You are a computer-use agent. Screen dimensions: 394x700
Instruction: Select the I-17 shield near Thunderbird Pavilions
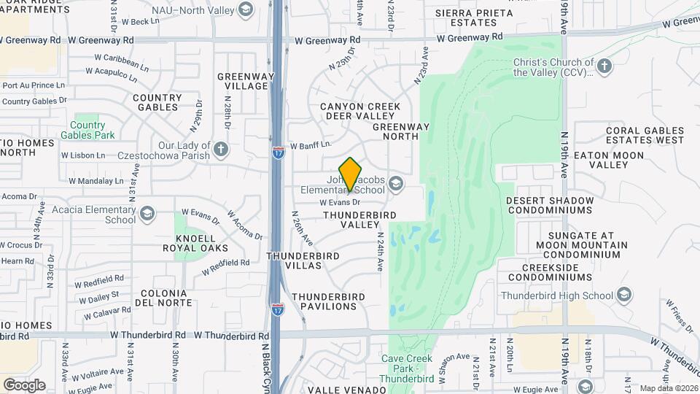(277, 309)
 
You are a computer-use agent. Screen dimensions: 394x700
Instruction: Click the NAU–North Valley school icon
(246, 9)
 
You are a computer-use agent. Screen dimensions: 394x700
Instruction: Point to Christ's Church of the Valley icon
(603, 67)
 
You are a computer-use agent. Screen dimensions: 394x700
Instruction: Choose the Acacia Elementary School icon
(147, 213)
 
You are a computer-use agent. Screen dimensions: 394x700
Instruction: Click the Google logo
(24, 385)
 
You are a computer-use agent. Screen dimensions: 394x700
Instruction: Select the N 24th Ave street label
(380, 252)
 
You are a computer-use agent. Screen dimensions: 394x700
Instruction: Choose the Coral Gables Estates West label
(645, 135)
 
